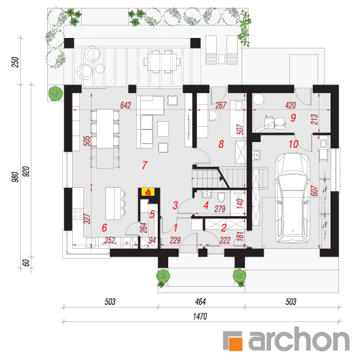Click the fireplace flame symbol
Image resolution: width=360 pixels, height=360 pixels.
(148, 192)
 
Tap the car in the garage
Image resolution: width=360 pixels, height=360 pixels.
(292, 198)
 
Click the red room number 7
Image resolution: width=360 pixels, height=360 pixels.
(145, 165)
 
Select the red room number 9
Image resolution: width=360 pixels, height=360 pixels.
(293, 118)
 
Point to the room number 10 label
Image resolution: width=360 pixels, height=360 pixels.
(293, 144)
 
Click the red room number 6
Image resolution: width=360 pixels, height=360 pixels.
(105, 228)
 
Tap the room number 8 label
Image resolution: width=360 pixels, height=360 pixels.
(221, 144)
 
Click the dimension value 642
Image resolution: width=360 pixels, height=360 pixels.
(126, 105)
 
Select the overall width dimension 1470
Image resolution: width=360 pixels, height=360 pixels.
(200, 316)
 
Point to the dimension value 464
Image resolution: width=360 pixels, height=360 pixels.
(200, 302)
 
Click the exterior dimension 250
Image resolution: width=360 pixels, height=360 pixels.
(15, 62)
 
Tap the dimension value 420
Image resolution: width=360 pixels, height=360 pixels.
(291, 105)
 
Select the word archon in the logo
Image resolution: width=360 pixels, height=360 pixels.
(299, 339)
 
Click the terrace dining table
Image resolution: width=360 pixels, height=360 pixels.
(162, 62)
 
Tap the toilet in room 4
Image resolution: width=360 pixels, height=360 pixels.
(221, 197)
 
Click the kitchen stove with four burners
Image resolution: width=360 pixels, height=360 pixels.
(78, 213)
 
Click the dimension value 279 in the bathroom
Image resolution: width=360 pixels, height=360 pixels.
(220, 209)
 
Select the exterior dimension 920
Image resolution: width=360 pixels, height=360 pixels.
(26, 171)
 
